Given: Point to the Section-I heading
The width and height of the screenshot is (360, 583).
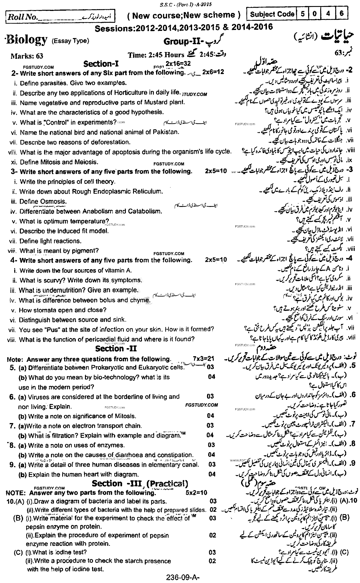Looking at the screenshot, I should (101, 63).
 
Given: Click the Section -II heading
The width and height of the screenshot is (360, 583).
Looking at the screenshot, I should (116, 349).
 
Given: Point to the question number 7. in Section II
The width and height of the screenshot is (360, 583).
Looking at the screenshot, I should (12, 426).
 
